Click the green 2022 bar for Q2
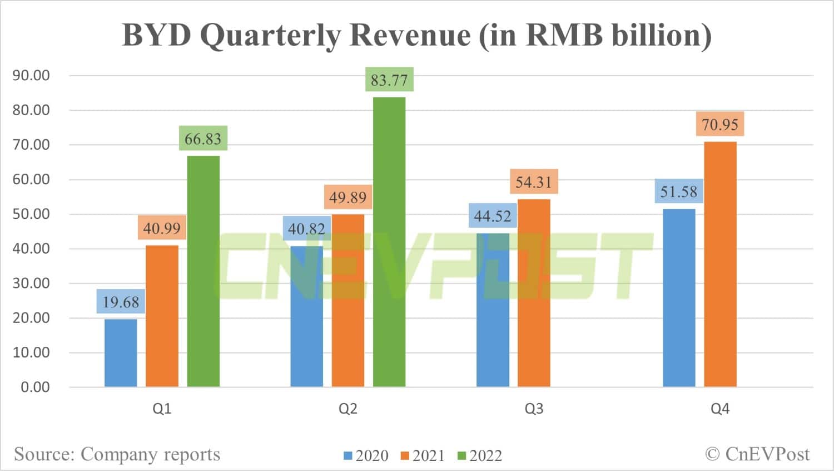[x=389, y=242]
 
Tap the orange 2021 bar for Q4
[x=720, y=264]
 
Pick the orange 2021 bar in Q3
[x=534, y=293]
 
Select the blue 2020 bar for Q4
[x=679, y=297]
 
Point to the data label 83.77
[x=389, y=80]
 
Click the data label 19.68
[x=121, y=302]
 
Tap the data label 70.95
[x=720, y=124]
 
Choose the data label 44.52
[x=492, y=215]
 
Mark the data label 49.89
[x=348, y=197]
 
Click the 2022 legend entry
[x=480, y=455]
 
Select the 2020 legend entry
[x=366, y=455]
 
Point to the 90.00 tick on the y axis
[x=31, y=76]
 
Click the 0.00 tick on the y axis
[x=35, y=387]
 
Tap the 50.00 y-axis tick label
[x=31, y=214]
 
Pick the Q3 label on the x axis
[x=534, y=409]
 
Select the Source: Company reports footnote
[x=117, y=454]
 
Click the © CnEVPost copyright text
[x=757, y=454]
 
